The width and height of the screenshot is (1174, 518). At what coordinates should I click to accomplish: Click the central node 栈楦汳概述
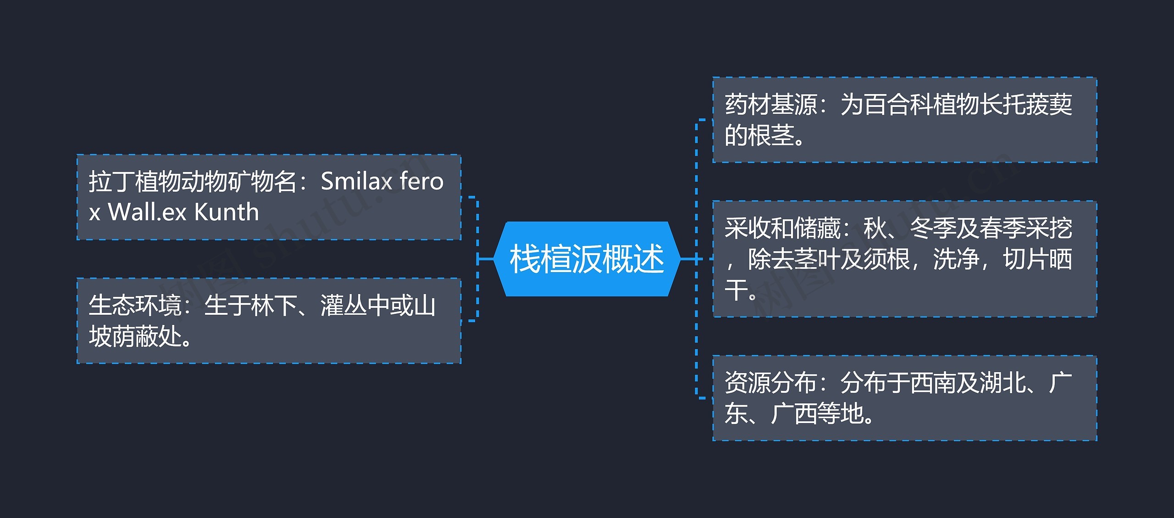587,259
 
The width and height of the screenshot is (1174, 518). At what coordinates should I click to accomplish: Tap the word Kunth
227,212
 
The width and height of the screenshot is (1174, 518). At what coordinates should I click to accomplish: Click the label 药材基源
770,105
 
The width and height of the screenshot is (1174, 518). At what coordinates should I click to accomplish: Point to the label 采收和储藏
782,228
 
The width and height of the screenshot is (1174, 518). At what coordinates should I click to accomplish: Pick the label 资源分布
770,383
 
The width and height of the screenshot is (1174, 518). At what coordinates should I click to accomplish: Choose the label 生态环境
135,306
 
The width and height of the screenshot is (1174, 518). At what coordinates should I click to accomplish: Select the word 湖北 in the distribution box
1002,383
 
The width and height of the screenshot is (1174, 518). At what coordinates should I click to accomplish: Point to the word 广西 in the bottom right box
794,414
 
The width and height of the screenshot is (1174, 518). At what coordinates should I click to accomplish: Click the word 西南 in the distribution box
933,383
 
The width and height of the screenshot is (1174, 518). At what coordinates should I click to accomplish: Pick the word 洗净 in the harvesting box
957,259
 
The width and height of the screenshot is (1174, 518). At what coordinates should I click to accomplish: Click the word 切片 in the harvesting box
1025,259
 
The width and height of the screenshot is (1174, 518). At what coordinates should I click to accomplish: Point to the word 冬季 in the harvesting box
933,228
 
